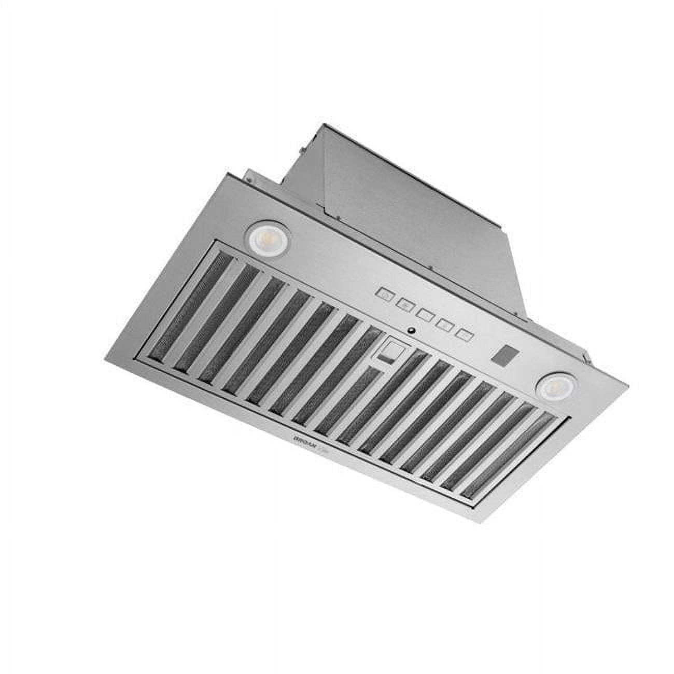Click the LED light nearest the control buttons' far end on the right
[551, 386]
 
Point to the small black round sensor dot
[411, 329]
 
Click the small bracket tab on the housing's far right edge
[586, 358]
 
